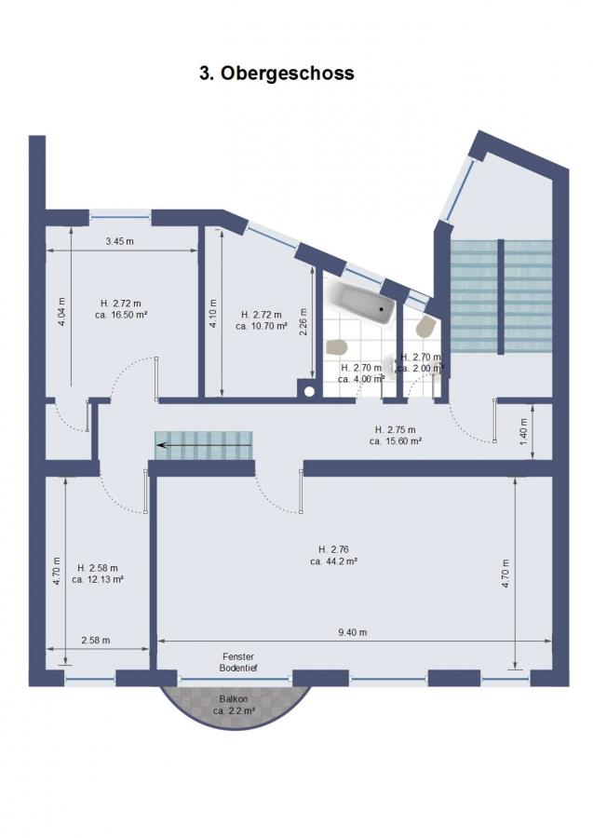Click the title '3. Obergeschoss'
[x=276, y=73]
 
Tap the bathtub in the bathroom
[x=360, y=301]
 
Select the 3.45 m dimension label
[x=120, y=241]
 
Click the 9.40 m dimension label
[x=353, y=633]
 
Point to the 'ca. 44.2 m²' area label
[x=333, y=561]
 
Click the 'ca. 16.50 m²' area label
[x=121, y=315]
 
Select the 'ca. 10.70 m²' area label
[x=262, y=326]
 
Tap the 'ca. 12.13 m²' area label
[x=98, y=579]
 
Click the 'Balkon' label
[x=234, y=699]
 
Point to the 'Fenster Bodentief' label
[x=238, y=662]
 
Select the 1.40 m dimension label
[x=523, y=432]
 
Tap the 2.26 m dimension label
[x=303, y=322]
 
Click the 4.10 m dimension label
[x=212, y=313]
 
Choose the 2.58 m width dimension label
[x=96, y=641]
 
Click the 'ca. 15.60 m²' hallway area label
[x=396, y=441]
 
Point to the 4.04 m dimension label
[x=61, y=312]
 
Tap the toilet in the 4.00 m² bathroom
[x=337, y=347]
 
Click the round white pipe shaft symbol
[x=309, y=391]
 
